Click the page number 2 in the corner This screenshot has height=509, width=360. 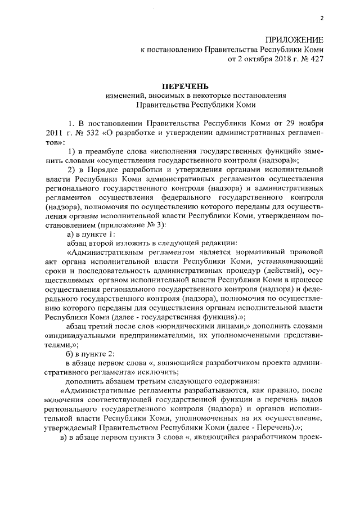(x=322, y=19)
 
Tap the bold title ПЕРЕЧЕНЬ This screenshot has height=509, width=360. (x=185, y=87)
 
